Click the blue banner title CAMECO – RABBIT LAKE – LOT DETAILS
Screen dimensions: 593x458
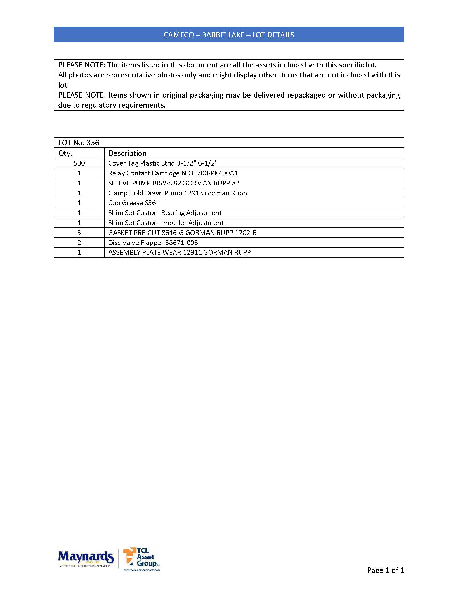[x=229, y=35]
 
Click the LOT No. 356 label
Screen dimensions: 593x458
[x=79, y=143]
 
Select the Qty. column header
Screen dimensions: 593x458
[x=65, y=153]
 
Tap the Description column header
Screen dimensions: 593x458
[x=127, y=153]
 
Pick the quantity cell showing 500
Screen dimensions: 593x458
[x=79, y=163]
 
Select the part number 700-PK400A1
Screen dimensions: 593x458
[x=217, y=173]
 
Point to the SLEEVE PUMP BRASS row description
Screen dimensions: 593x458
[x=174, y=183]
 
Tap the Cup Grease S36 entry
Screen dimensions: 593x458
[x=132, y=203]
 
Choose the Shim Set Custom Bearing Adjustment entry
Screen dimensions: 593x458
[x=165, y=213]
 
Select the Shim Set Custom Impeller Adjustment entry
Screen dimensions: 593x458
[x=166, y=223]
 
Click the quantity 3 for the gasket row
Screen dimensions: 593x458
[x=79, y=233]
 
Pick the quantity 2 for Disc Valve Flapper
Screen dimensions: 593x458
[x=79, y=243]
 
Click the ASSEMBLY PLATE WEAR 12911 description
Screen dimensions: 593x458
[x=179, y=253]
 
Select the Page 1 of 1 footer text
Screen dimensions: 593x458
[x=386, y=570]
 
